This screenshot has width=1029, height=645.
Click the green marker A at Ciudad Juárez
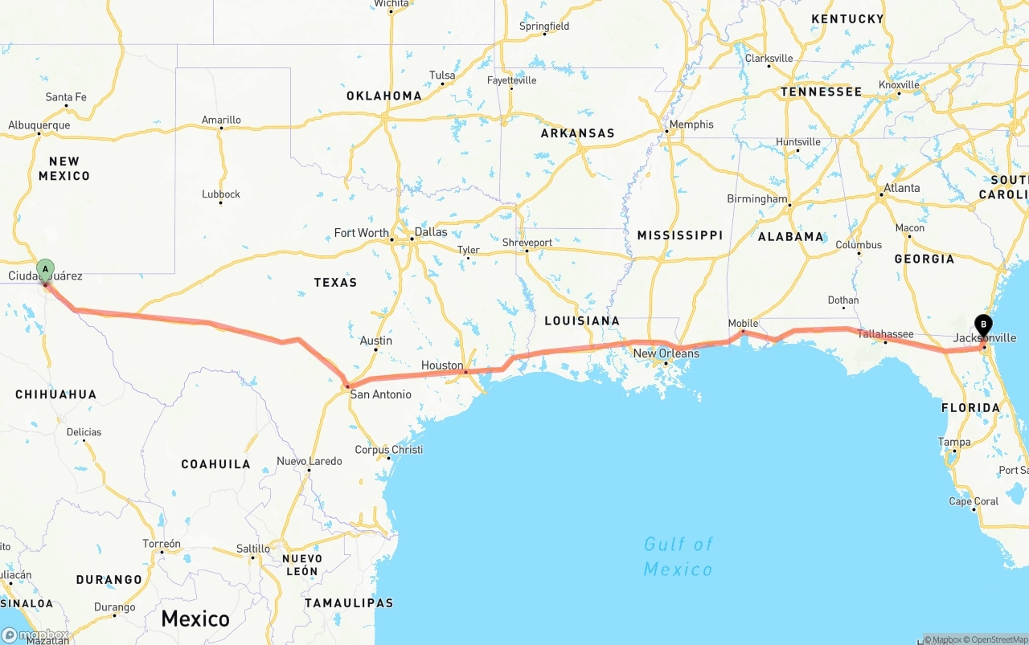(x=45, y=269)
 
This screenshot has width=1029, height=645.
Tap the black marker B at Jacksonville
(x=982, y=325)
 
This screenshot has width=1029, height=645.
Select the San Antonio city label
(x=380, y=394)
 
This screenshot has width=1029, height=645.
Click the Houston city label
(x=441, y=365)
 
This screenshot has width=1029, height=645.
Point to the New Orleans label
(x=666, y=353)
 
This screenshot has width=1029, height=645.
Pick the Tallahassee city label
(x=885, y=334)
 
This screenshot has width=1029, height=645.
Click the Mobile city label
(x=743, y=324)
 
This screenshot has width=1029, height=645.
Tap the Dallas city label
(x=431, y=232)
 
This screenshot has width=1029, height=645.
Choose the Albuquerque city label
(x=39, y=125)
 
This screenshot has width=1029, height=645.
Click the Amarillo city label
(x=221, y=120)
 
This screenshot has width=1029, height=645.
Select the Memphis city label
(x=691, y=125)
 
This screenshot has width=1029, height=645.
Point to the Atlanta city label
(x=902, y=188)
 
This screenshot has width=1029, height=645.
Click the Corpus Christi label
(x=389, y=450)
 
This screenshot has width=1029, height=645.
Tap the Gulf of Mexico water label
(x=678, y=557)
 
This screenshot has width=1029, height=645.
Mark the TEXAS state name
(x=335, y=282)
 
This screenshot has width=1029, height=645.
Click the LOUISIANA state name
(x=582, y=320)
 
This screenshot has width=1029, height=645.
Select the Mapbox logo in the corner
(x=35, y=635)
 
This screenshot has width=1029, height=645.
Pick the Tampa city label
(x=954, y=442)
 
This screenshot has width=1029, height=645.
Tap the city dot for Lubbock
(x=220, y=202)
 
